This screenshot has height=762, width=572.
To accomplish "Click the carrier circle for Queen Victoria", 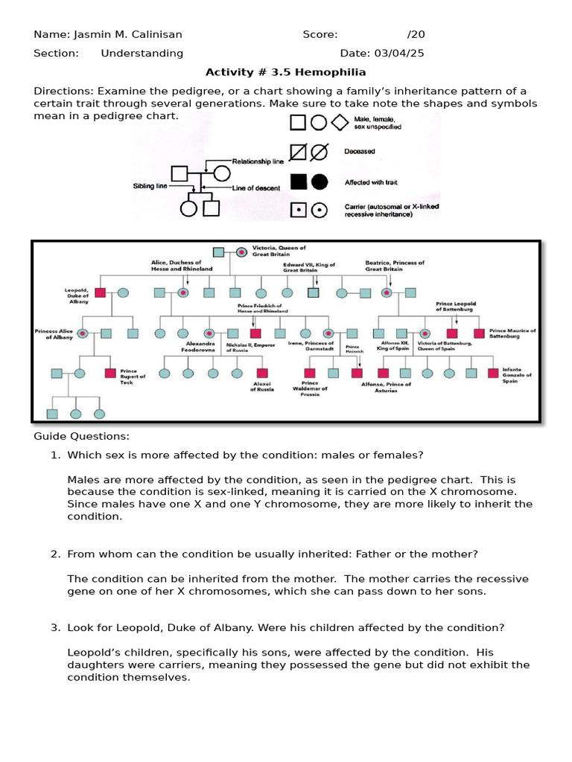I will [241, 253].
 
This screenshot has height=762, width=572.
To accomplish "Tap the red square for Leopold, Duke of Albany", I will [100, 292].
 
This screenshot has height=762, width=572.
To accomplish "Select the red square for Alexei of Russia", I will [262, 373].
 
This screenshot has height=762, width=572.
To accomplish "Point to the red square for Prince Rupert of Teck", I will [110, 373].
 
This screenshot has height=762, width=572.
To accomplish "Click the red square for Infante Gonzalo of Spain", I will [492, 373].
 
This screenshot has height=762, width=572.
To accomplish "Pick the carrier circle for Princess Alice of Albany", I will [83, 333].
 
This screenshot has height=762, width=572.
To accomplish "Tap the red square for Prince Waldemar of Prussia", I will [310, 373].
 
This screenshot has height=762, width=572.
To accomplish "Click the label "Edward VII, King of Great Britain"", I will [308, 267].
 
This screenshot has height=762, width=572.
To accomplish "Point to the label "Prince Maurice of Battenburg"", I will [512, 333].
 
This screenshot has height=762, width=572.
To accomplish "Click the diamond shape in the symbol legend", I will [340, 123].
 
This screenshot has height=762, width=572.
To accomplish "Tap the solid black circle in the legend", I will [319, 182].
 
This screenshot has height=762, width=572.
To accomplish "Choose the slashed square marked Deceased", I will [298, 152].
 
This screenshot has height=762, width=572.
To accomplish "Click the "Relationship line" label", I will [258, 161].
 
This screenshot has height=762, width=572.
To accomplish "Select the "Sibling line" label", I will [150, 186].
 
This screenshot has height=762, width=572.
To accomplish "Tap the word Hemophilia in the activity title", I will [335, 72].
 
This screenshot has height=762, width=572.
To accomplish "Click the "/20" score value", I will [416, 34].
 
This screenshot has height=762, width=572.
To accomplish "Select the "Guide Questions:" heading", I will [81, 436].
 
